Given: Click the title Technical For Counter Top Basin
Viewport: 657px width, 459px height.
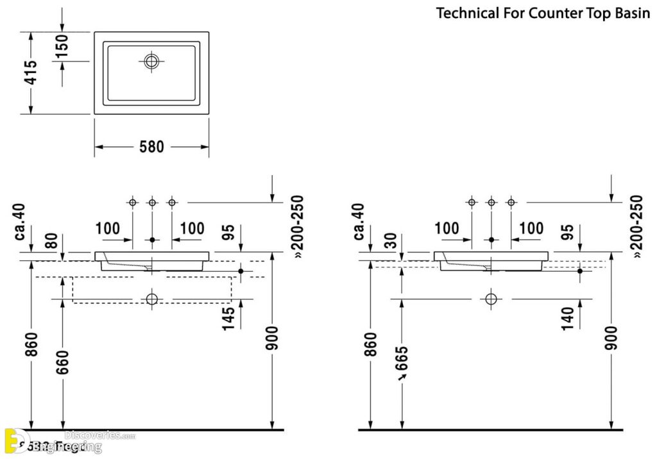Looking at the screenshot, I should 543,13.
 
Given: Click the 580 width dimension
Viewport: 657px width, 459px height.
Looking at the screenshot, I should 152,147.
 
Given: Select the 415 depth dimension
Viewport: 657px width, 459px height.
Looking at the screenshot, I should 30,73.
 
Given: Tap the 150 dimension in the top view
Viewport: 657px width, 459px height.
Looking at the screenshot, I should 62,46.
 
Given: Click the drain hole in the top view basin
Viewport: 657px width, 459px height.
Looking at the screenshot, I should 152,62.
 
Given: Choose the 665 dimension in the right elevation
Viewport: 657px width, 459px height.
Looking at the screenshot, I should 402,366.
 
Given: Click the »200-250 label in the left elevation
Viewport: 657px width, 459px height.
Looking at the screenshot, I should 297,226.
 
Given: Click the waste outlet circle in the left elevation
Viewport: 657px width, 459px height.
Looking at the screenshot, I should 152,299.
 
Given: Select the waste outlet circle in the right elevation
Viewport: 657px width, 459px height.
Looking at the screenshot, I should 491,299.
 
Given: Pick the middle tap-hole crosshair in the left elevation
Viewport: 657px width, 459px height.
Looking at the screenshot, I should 152,203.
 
